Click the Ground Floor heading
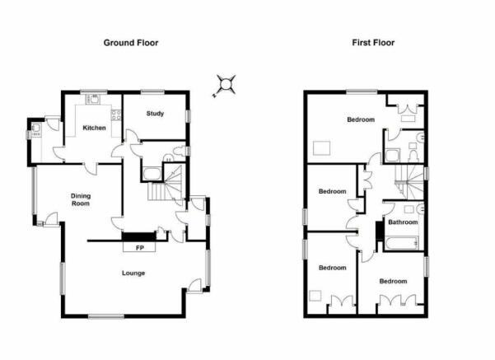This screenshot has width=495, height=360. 131,43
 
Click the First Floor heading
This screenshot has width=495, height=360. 373,43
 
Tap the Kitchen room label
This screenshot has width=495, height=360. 94,128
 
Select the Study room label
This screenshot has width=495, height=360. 155,114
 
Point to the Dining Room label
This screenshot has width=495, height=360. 81,199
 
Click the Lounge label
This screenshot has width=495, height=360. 133,273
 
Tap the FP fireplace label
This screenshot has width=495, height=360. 140,248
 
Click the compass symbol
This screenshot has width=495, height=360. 225,86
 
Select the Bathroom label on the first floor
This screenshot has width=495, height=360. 403,222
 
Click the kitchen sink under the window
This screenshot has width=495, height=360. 93,99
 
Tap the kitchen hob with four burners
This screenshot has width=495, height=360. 116,115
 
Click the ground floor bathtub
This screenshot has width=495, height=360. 152,174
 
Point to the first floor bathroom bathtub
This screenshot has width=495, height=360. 401,244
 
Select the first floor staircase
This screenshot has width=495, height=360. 409,182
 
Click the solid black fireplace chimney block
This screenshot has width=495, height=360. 139,236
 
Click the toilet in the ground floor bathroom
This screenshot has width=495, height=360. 180,151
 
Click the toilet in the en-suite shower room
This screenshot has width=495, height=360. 413,156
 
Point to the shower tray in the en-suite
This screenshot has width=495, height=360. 392,156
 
